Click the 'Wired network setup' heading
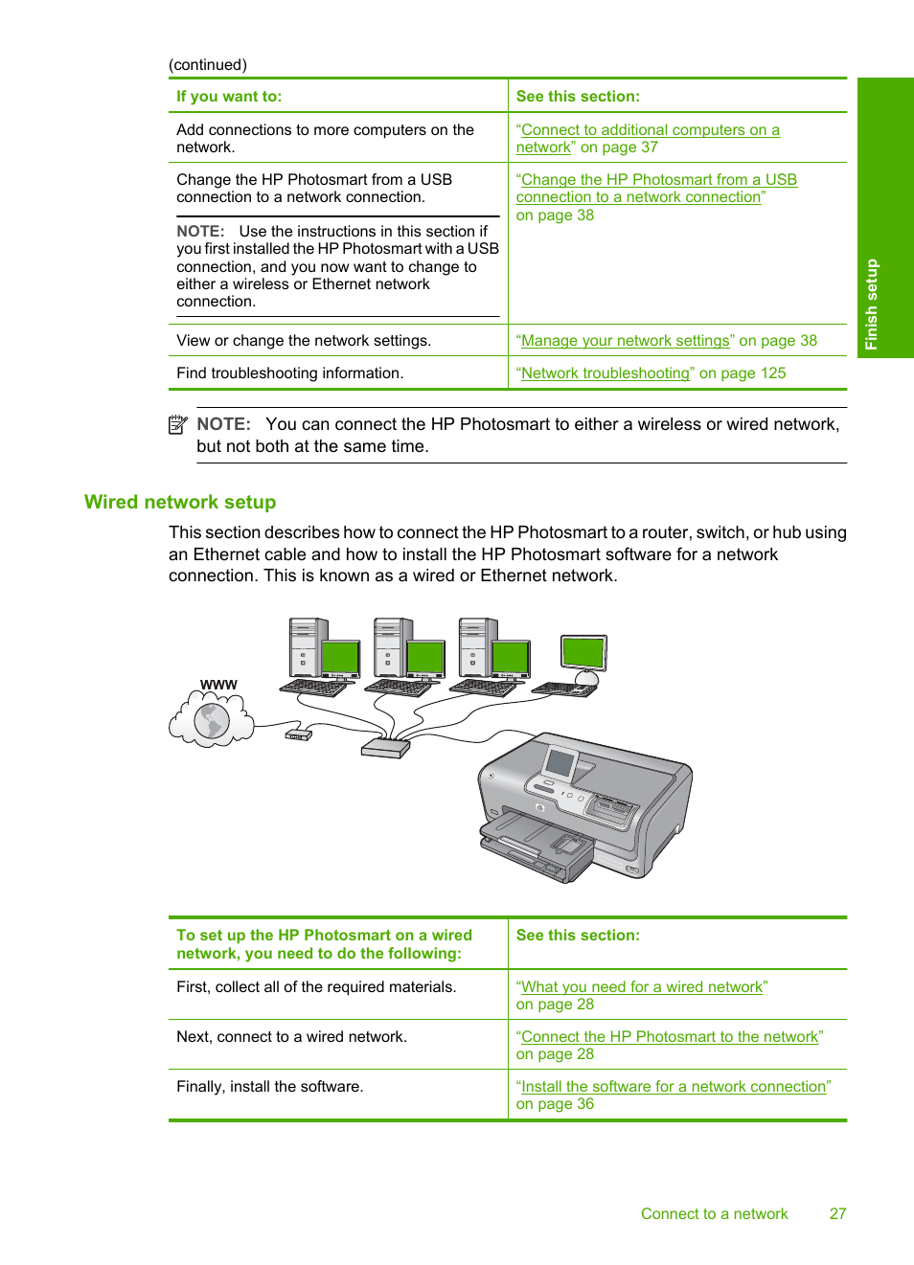(180, 503)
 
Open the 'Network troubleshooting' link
(605, 373)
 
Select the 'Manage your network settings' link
(625, 341)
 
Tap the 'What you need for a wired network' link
(641, 987)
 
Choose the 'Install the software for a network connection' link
(673, 1087)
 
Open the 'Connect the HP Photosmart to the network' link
(669, 1037)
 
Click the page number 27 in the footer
(837, 1214)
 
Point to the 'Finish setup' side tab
(884, 218)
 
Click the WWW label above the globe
(218, 685)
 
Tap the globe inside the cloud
(212, 721)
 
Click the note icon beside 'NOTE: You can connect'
(177, 424)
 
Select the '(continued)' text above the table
(208, 65)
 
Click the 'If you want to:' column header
(229, 97)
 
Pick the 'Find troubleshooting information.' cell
(288, 373)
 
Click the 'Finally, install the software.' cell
(269, 1087)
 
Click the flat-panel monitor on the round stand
(583, 654)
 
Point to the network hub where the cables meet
(385, 748)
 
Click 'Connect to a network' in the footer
(714, 1214)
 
